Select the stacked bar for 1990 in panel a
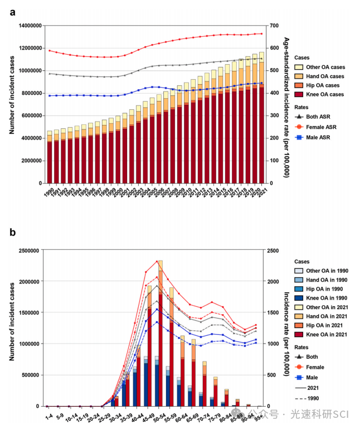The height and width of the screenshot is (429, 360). click(x=50, y=159)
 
